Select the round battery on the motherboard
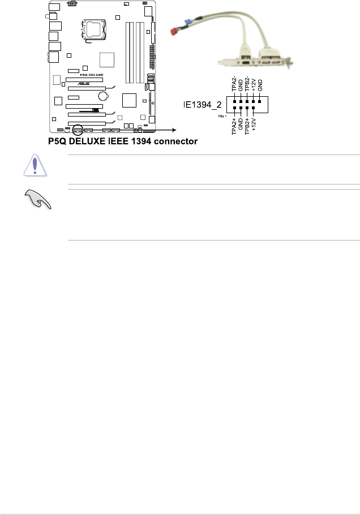pyautogui.click(x=102, y=97)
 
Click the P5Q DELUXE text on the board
pyautogui.click(x=83, y=75)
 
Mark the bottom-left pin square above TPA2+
pyautogui.click(x=234, y=108)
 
